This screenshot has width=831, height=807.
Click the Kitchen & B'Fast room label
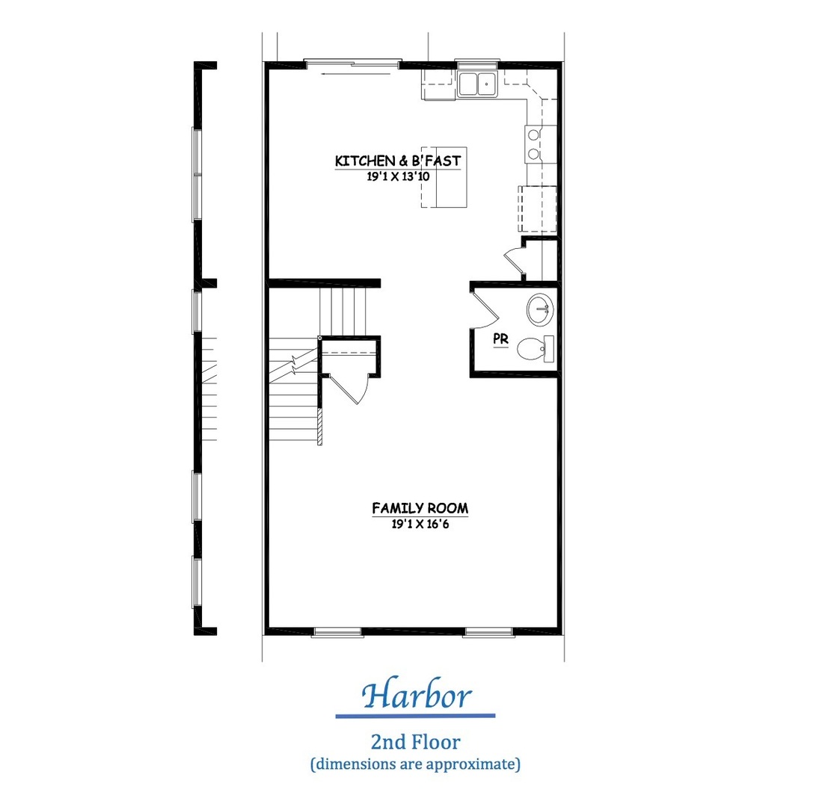coord(398,161)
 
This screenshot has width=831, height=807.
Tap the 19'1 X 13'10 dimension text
coord(398,176)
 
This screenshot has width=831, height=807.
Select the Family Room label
coord(420,508)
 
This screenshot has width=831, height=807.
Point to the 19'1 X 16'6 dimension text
coord(420,525)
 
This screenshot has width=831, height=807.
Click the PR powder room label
coord(501,338)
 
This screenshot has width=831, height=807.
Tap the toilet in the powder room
coord(536,349)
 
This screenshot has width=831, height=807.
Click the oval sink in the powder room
coord(540,309)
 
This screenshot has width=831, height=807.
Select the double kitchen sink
coord(477,84)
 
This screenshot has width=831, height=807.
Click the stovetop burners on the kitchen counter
coord(534,144)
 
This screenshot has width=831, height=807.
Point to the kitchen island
coord(444,177)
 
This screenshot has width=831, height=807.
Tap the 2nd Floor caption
coord(416,742)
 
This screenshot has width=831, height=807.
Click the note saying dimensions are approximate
coord(416,764)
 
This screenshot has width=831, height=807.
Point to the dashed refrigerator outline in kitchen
coord(537,209)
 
